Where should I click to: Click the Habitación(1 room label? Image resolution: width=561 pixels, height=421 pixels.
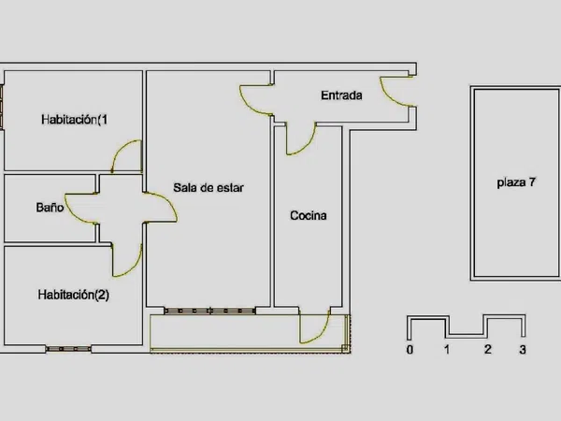pos(74,120)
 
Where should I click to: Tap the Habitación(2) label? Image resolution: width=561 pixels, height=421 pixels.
pos(74,295)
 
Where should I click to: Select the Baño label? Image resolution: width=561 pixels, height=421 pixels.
pos(50,208)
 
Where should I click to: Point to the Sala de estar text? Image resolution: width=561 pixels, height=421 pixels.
pos(209,188)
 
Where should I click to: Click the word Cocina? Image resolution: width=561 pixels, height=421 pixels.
pos(309,215)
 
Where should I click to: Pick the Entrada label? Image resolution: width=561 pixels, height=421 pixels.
pos(341,95)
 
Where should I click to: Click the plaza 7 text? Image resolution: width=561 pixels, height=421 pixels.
pos(516,182)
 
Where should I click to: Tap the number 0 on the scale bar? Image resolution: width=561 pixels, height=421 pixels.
pos(410,349)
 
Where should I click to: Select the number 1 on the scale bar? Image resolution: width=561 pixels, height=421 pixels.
pos(447,349)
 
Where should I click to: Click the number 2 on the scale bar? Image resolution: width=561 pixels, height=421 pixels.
pos(488,349)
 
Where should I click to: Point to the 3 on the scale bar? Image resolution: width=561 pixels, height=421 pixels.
pos(523,349)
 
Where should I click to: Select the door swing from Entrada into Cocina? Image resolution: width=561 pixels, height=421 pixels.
pos(301,138)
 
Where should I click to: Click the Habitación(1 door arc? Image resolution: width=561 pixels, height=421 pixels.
pos(126,156)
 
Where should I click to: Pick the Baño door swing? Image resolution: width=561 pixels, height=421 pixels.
pos(80,209)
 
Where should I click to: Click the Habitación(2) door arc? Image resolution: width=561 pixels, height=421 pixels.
pos(127,261)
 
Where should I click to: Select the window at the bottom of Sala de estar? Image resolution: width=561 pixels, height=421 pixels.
pos(210,311)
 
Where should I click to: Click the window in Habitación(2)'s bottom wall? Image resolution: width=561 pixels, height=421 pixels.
pos(68,349)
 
